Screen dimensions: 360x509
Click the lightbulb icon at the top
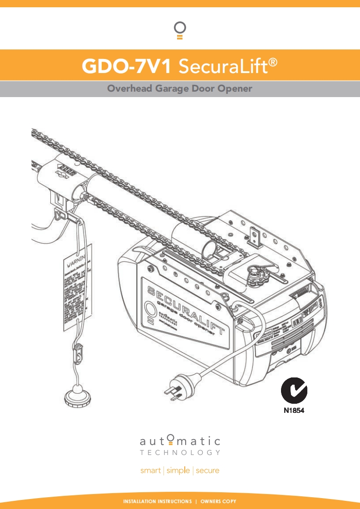pyautogui.click(x=180, y=30)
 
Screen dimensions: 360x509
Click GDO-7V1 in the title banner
pyautogui.click(x=126, y=67)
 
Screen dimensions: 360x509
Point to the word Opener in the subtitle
pyautogui.click(x=234, y=88)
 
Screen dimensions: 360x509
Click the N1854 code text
pyautogui.click(x=294, y=411)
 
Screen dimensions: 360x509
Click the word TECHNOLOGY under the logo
pyautogui.click(x=180, y=453)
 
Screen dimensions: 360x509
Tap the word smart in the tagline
pyautogui.click(x=151, y=470)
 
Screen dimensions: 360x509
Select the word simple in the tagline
pyautogui.click(x=178, y=470)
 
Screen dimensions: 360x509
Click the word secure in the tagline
pyautogui.click(x=207, y=470)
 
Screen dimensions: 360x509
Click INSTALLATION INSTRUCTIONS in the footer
pyautogui.click(x=158, y=501)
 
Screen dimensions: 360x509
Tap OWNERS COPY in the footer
pyautogui.click(x=218, y=501)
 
